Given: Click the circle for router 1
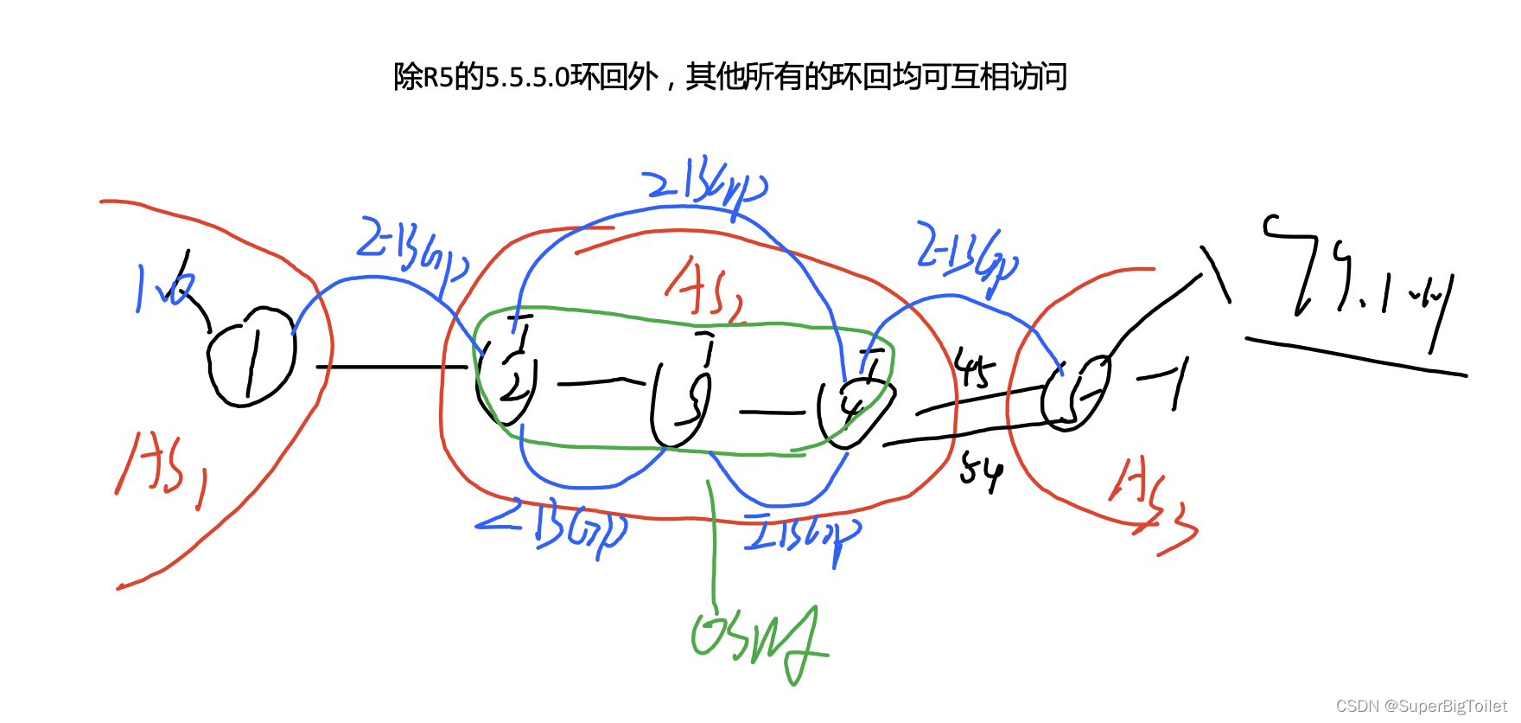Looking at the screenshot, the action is pyautogui.click(x=251, y=356).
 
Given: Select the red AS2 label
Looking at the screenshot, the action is pyautogui.click(x=704, y=290).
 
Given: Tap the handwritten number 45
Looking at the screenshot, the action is pyautogui.click(x=975, y=369).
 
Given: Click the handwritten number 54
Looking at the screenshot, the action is pyautogui.click(x=982, y=471).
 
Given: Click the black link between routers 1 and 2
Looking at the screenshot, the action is pyautogui.click(x=393, y=368).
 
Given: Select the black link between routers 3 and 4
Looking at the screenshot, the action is pyautogui.click(x=771, y=413).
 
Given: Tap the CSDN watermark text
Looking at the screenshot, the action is pyautogui.click(x=1421, y=706).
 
